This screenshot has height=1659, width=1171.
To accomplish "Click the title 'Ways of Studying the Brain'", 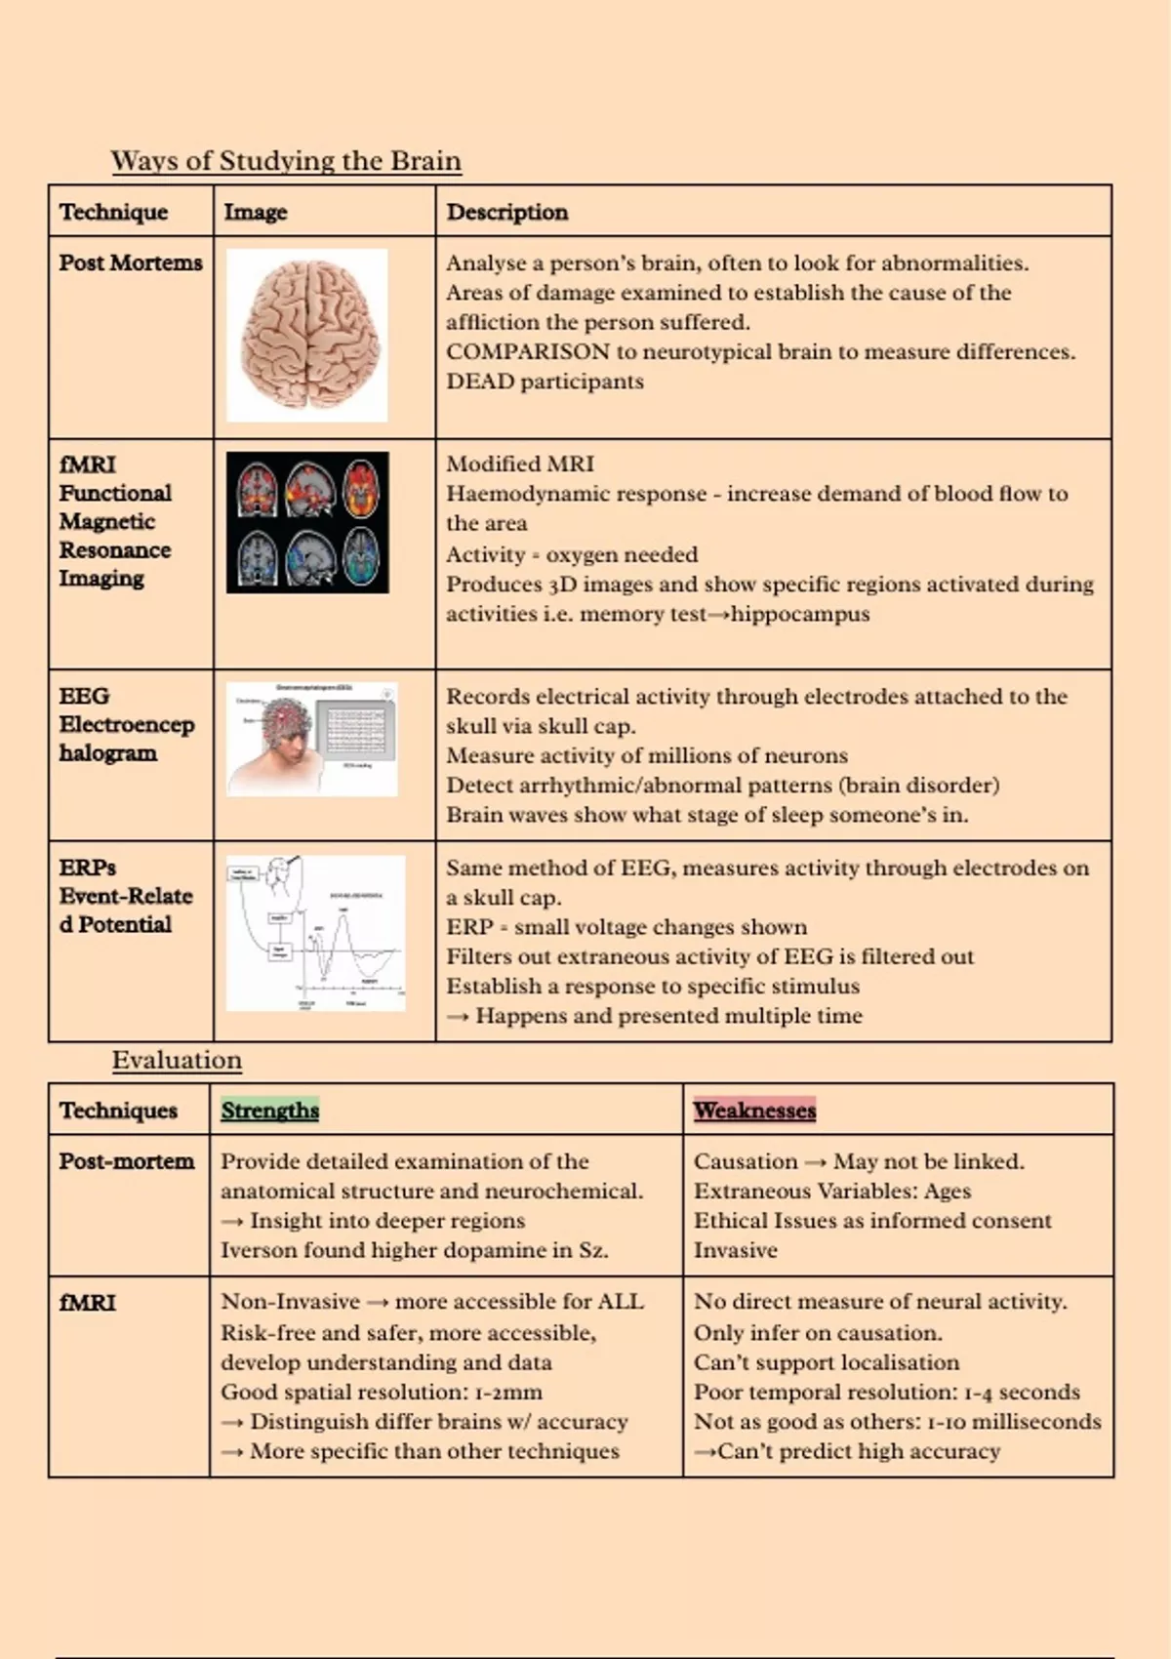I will pos(286,161).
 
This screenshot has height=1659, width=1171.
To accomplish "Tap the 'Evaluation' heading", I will pos(177,1060).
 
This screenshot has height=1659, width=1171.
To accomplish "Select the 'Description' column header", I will pos(506,212).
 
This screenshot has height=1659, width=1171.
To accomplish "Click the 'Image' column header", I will pos(256,212).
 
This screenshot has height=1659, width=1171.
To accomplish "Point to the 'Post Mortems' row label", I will pos(131,263).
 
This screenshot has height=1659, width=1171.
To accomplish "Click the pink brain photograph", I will pos(307,335).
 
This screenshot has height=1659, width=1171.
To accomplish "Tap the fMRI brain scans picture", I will pos(307,522).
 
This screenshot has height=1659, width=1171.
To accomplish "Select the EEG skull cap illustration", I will pos(311,739).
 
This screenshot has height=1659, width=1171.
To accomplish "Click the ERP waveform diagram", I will pos(315,933).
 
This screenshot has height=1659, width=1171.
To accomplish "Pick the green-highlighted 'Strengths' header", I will pos(269,1111).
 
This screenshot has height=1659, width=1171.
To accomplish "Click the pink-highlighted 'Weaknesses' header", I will pos(754,1111).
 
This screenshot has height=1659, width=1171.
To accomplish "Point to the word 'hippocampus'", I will pos(799,614).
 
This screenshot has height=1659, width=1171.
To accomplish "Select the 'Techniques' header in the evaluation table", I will pos(118,1111).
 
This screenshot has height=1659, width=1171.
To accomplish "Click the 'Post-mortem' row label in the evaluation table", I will pos(126,1161).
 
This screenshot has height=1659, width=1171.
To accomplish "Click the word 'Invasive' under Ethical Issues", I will pos(735,1250).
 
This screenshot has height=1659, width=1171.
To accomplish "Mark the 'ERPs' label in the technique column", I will pos(87,868).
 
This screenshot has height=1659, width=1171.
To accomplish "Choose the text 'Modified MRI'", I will pos(519,465).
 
